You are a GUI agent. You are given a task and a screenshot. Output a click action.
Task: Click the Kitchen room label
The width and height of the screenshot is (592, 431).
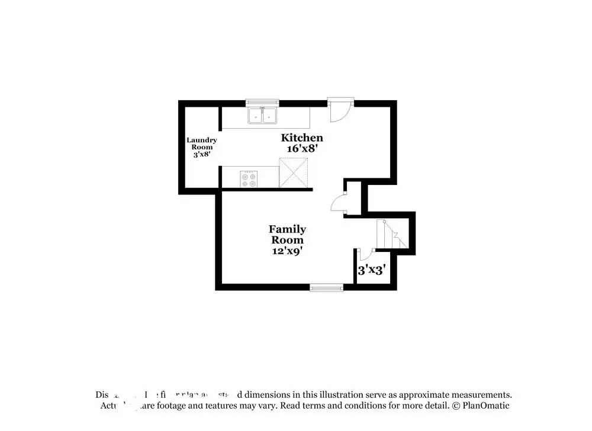point(302,138)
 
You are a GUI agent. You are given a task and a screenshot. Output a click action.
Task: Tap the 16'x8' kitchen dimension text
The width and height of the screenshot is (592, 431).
point(302,149)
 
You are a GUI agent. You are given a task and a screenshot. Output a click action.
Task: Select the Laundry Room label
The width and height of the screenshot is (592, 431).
point(202,143)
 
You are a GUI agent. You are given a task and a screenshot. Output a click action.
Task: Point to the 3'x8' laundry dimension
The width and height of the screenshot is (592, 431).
point(202,154)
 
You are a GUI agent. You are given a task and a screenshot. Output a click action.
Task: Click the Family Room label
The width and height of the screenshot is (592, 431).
point(288,234)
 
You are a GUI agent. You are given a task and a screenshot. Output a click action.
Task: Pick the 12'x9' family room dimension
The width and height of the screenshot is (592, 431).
point(288,251)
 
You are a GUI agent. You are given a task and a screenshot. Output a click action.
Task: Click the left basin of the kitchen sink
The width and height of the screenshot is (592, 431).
point(256,116)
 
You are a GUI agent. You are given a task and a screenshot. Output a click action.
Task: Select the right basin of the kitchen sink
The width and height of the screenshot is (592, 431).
point(270,116)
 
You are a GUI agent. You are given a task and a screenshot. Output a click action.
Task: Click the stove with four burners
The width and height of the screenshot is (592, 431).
point(249,178)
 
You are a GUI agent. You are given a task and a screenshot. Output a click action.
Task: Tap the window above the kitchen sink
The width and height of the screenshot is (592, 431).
point(262,102)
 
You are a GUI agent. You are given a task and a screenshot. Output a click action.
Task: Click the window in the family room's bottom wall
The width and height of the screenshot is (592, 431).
point(326,288)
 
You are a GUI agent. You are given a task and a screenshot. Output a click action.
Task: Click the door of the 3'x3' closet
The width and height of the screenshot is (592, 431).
point(365,254)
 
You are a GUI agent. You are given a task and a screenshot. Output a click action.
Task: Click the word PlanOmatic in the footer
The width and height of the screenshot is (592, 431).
point(485,406)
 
